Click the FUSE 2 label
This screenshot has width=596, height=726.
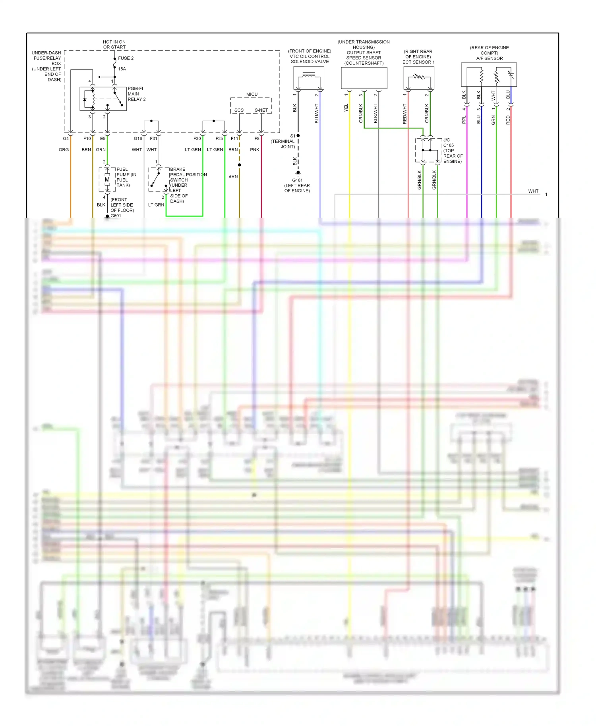(x=126, y=58)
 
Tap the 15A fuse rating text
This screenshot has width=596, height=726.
(x=122, y=69)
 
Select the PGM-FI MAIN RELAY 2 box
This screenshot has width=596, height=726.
(x=103, y=98)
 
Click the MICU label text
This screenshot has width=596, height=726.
(x=252, y=95)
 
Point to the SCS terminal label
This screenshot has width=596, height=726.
(x=239, y=110)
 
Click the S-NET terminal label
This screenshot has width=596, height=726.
(x=261, y=110)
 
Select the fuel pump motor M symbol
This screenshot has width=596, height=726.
(x=107, y=180)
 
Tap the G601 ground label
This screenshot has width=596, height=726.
(x=116, y=216)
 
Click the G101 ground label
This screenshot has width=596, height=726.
(x=297, y=180)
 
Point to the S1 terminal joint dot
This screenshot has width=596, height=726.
(x=298, y=136)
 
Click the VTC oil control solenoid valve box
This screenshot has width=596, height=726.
(x=309, y=78)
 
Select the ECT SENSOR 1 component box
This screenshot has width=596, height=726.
(x=418, y=77)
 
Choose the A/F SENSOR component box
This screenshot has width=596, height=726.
(x=489, y=74)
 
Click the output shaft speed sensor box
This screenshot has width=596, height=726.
(x=364, y=78)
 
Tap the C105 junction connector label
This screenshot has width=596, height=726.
(x=449, y=145)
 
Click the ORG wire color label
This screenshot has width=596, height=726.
(x=64, y=150)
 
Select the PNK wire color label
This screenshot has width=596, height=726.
(x=255, y=150)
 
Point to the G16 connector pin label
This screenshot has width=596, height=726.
(x=138, y=139)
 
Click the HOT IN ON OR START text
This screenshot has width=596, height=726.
(x=114, y=44)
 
